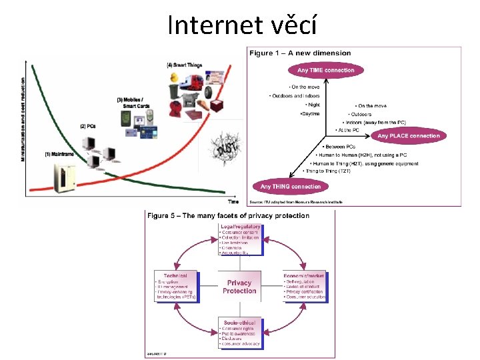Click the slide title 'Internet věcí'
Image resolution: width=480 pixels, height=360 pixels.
coord(241,25)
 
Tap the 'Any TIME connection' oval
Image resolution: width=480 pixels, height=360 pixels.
coord(321,70)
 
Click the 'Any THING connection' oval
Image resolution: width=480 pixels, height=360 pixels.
coord(290,187)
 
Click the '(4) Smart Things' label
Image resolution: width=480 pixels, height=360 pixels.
coord(185,65)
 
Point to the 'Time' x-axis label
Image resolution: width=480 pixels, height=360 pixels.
coord(233,201)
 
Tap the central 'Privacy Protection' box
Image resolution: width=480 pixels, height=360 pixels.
coord(239,287)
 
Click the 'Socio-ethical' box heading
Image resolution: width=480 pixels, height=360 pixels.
coord(239,323)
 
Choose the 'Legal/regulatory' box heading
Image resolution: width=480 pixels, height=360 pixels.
coord(240,227)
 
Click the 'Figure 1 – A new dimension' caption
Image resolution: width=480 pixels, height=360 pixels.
coord(300,53)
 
